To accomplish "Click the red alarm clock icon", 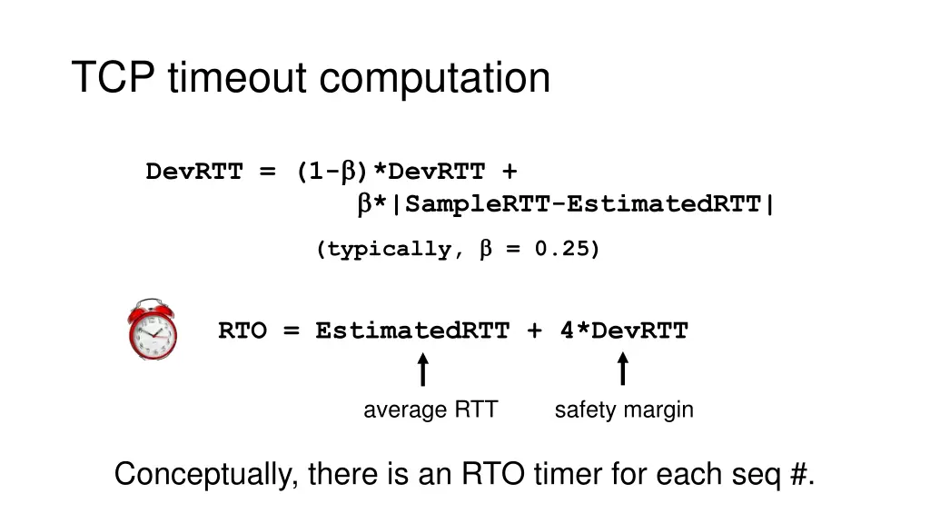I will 153,329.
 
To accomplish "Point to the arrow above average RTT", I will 422,370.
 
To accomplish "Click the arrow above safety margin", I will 623,370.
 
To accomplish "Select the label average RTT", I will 430,410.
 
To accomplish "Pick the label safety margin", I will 624,410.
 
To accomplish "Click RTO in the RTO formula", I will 242,331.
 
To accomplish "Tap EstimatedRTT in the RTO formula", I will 412,331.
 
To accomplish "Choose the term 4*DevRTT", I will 624,331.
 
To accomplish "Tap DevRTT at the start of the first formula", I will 193,172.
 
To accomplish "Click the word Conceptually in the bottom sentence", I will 206,475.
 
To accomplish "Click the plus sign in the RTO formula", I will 534,331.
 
